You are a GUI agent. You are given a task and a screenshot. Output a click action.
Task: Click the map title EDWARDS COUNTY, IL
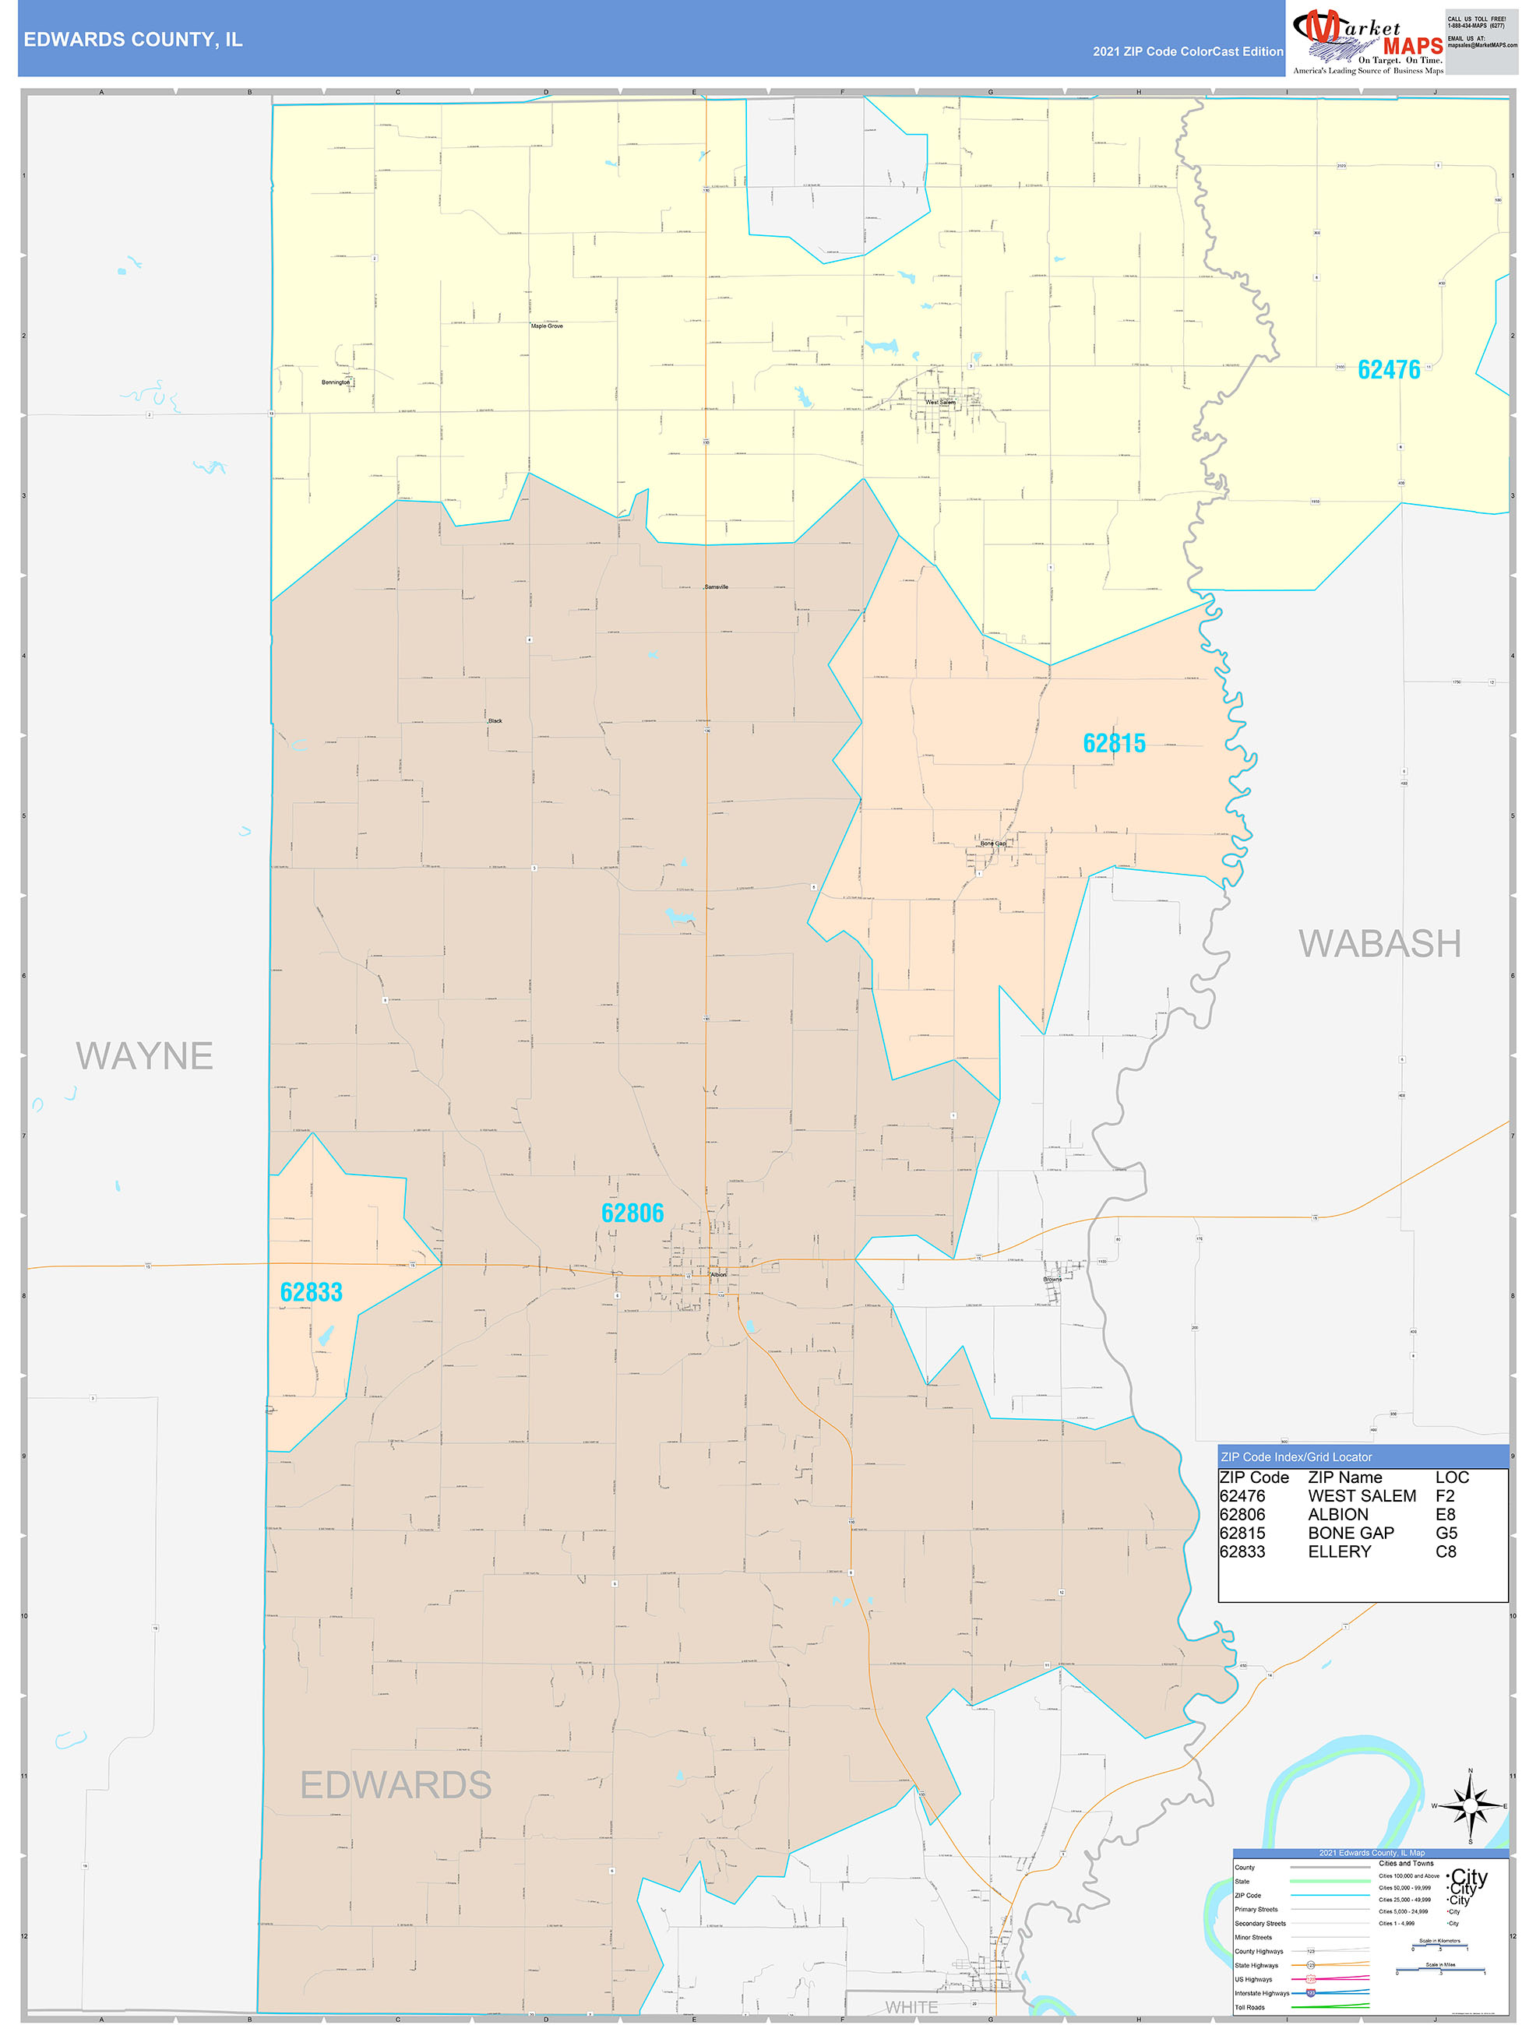pyautogui.click(x=132, y=40)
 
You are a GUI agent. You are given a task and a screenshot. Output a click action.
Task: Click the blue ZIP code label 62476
pyautogui.click(x=1388, y=370)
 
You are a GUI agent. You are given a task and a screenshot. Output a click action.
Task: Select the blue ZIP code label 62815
pyautogui.click(x=1113, y=743)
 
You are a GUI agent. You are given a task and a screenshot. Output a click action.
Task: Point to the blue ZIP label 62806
pyautogui.click(x=632, y=1213)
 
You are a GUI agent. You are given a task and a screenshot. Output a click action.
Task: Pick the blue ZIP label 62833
pyautogui.click(x=312, y=1291)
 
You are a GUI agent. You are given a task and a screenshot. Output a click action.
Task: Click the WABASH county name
pyautogui.click(x=1379, y=944)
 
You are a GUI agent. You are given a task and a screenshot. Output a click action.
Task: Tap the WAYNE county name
pyautogui.click(x=145, y=1055)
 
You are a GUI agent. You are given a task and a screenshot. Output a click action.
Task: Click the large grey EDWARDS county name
pyautogui.click(x=396, y=1785)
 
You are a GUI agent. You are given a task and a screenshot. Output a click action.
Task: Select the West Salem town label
pyautogui.click(x=939, y=402)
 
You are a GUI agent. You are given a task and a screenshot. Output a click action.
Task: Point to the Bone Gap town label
pyautogui.click(x=992, y=843)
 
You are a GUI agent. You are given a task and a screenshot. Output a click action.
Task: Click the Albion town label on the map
pyautogui.click(x=719, y=1274)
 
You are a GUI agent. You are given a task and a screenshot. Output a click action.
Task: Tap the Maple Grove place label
pyautogui.click(x=547, y=326)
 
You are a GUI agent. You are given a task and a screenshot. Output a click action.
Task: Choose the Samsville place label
pyautogui.click(x=716, y=586)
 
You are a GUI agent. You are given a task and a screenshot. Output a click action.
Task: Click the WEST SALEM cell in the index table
pyautogui.click(x=1362, y=1496)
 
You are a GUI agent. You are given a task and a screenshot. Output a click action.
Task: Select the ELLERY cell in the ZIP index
pyautogui.click(x=1340, y=1551)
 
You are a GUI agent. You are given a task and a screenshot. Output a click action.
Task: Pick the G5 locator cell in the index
pyautogui.click(x=1446, y=1534)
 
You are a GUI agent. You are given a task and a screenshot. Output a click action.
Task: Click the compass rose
pyautogui.click(x=1470, y=1806)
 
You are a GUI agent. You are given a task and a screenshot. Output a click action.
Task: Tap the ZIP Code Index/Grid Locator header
pyautogui.click(x=1295, y=1457)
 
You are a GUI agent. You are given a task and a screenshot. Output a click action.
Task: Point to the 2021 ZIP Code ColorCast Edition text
pyautogui.click(x=1188, y=51)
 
